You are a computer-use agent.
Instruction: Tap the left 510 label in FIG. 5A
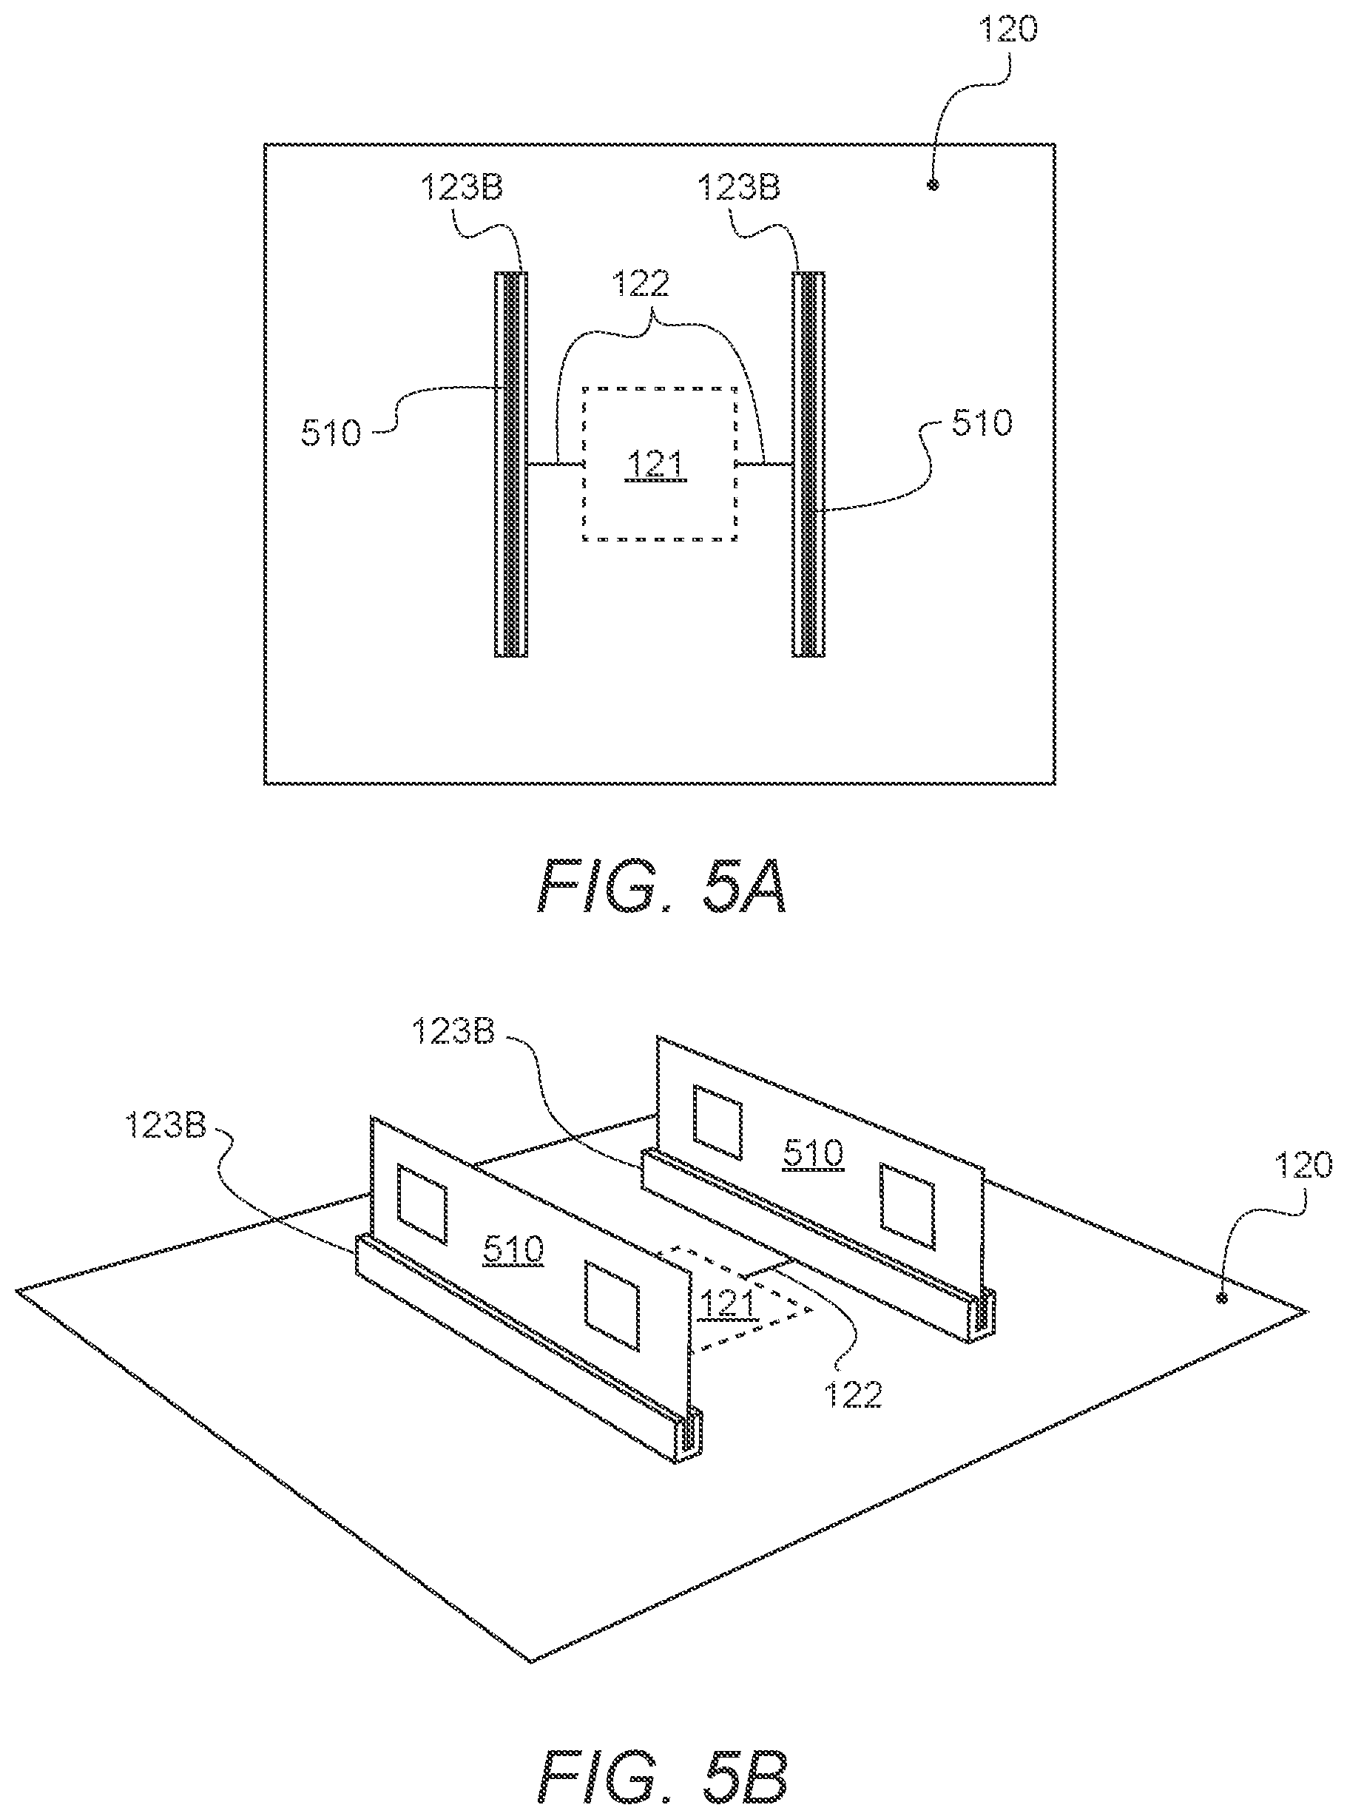(x=330, y=433)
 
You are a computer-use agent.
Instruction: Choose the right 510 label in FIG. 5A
(x=981, y=423)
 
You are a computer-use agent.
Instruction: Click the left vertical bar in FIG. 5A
(x=511, y=464)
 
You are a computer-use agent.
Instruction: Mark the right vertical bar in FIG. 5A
(x=808, y=464)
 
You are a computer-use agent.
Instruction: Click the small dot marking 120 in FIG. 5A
(x=934, y=185)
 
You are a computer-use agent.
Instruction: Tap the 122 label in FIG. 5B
(x=853, y=1397)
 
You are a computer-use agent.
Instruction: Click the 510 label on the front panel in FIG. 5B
(x=513, y=1249)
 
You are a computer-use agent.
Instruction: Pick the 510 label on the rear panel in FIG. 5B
(x=813, y=1153)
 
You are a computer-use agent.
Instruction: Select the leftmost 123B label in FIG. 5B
(x=166, y=1127)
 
